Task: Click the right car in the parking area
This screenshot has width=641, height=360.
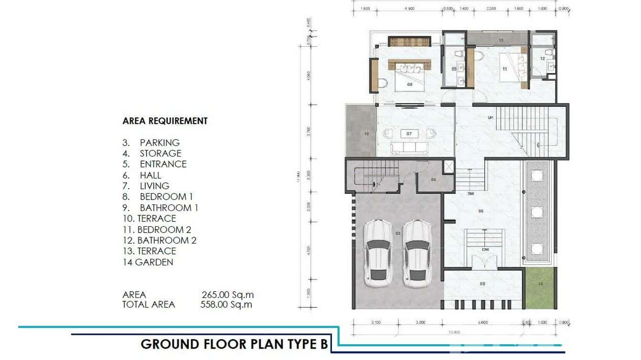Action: [417, 253]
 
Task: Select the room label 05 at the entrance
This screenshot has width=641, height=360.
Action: [482, 284]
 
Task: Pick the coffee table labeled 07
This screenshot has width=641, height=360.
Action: [409, 134]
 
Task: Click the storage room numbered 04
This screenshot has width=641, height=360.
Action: [434, 180]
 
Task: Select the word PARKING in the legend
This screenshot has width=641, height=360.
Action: [160, 142]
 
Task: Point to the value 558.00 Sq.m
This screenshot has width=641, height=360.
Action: [226, 304]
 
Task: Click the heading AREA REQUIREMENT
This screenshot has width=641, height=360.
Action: [165, 121]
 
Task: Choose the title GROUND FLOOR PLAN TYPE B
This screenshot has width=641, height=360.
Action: [235, 344]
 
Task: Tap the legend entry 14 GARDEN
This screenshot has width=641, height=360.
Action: [148, 262]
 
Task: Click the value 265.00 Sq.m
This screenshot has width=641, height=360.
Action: [227, 295]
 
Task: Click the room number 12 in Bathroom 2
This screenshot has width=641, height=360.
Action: [543, 58]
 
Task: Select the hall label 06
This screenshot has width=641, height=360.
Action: [481, 211]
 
